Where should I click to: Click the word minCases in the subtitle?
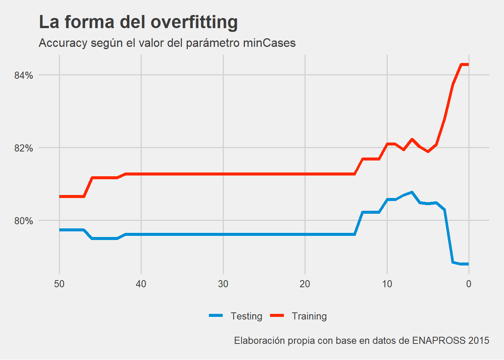pos(269,43)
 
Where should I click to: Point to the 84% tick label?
pos(24,75)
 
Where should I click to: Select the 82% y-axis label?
pos(24,148)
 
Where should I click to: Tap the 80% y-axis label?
pos(24,221)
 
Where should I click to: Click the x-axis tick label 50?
pos(59,284)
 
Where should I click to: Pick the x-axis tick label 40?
pos(141,284)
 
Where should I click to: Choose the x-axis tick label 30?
pos(223,284)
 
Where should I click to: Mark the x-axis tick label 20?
pos(305,284)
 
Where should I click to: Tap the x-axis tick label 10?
pos(387,284)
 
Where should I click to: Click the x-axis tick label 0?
pos(469,284)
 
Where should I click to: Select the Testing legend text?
pos(246,316)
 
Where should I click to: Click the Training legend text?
pos(309,316)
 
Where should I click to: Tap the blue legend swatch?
pos(216,316)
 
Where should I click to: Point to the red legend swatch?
pos(277,316)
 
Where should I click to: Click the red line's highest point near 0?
pos(465,64)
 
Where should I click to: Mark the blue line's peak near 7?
pos(412,192)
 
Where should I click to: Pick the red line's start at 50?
pos(60,196)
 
